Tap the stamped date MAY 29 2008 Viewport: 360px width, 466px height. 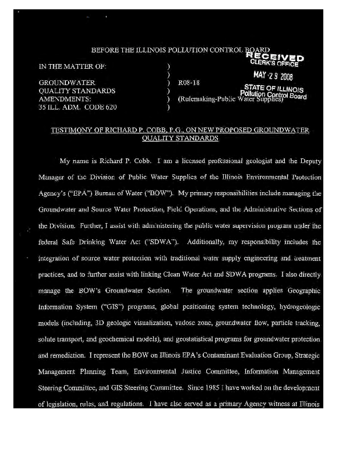point(273,76)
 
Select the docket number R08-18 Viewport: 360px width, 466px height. point(189,83)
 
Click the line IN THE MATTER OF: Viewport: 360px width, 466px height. point(72,66)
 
